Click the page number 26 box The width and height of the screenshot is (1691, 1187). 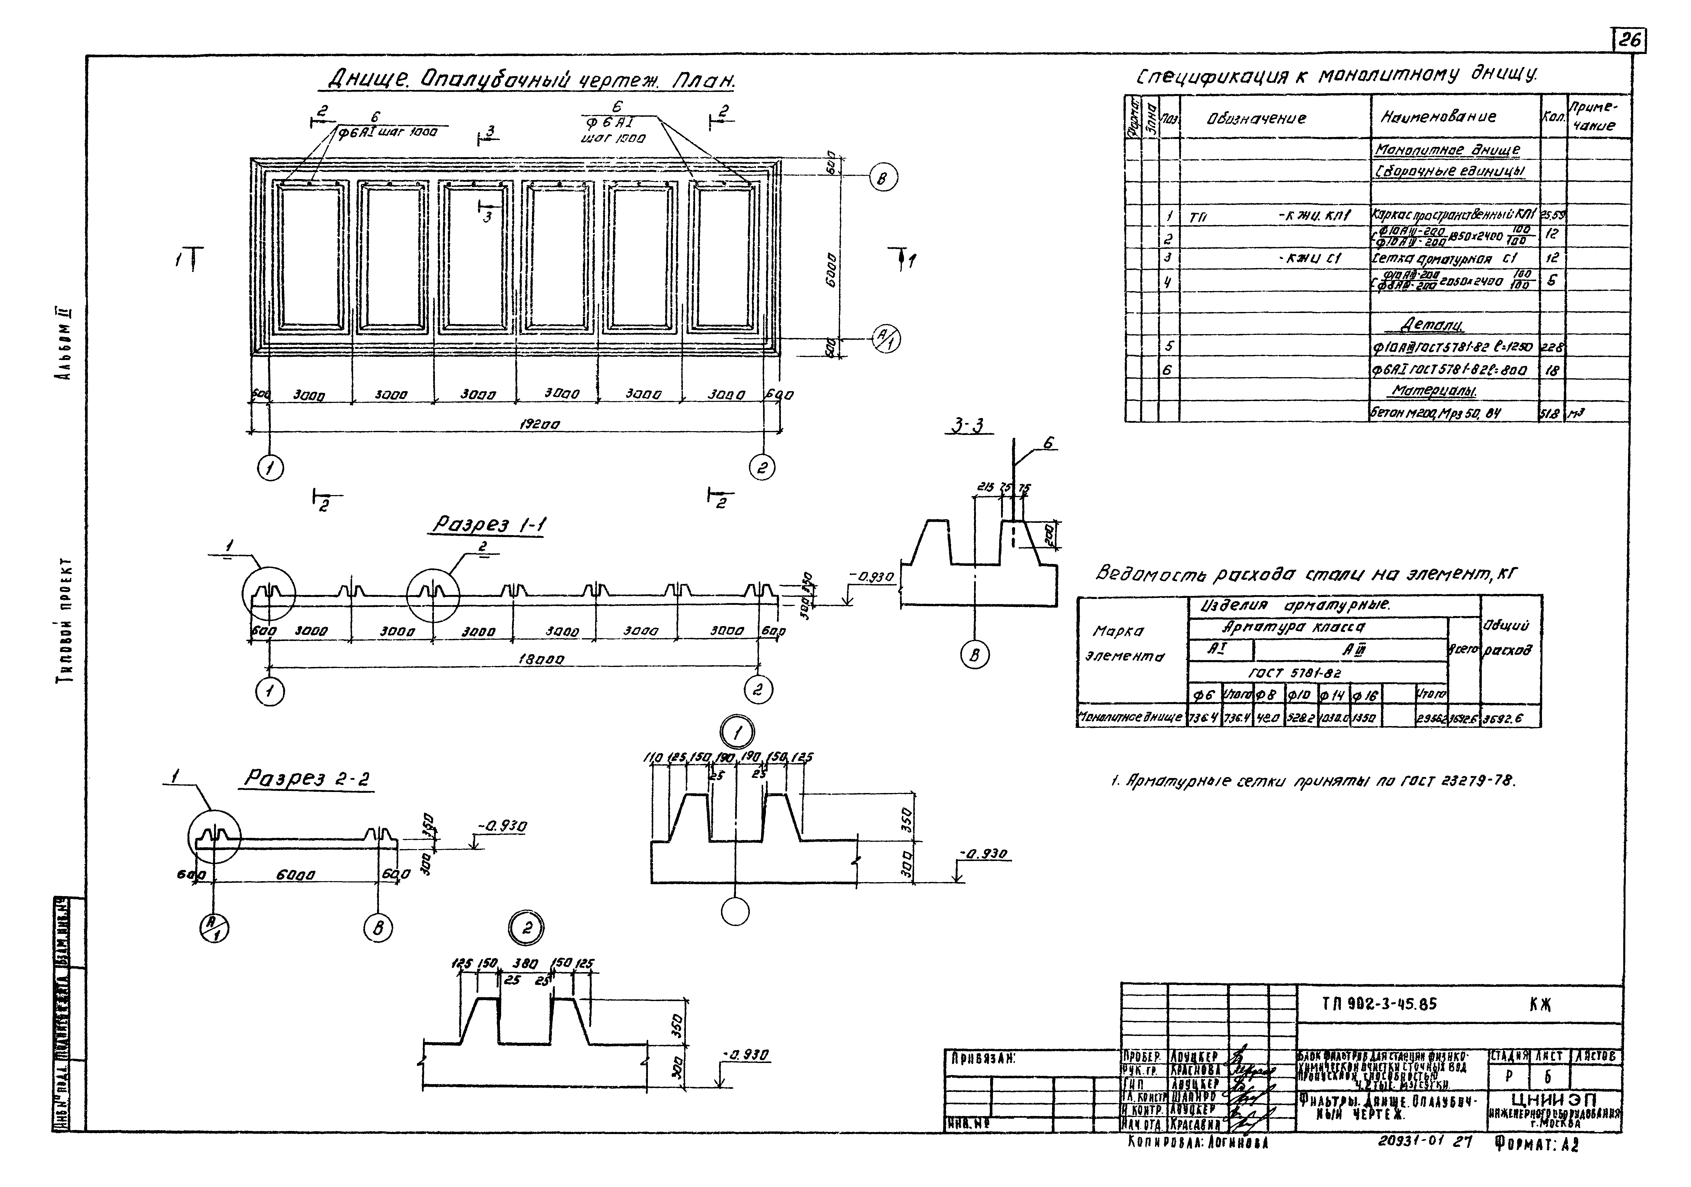coord(1630,41)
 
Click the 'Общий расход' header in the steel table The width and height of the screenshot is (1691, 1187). coord(1510,638)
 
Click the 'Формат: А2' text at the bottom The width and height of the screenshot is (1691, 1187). coord(1537,1164)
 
